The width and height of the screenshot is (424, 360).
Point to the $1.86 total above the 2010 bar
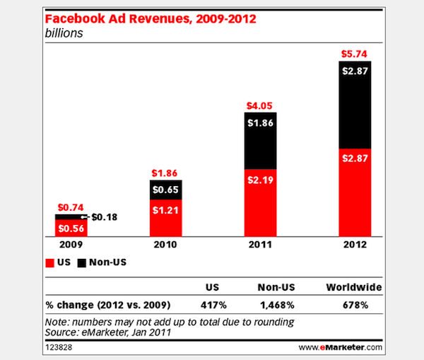[165, 173]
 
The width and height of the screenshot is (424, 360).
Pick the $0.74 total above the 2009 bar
[71, 207]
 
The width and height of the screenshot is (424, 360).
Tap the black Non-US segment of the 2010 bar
[165, 190]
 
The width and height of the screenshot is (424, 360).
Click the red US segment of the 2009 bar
[71, 228]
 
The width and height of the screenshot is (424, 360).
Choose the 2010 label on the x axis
[165, 248]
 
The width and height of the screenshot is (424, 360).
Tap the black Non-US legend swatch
[82, 263]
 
